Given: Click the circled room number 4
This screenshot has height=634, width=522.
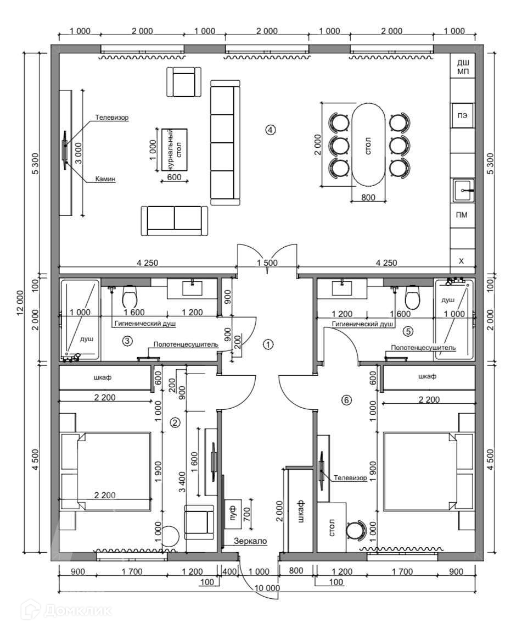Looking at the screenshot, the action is tap(270, 130).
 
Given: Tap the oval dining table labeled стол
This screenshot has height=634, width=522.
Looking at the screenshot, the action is tap(368, 144).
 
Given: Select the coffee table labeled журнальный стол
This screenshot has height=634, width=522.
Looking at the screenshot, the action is tap(175, 150).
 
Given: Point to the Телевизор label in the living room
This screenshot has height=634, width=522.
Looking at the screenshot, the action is tap(112, 118).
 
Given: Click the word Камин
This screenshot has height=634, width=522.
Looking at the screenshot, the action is tap(105, 179).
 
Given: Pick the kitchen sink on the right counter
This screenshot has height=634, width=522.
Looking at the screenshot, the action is tap(463, 190).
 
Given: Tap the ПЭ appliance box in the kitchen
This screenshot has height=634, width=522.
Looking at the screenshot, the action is tap(463, 115).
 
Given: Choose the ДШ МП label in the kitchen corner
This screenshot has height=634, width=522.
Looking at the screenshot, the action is tap(463, 66).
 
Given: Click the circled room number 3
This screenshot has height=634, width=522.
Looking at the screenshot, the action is tap(127, 341).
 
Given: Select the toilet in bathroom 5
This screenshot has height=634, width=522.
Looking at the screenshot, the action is tap(413, 296).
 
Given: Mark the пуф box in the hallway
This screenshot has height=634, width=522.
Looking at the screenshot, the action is tap(233, 513).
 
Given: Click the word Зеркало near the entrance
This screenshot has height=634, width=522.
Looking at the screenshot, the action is tap(250, 541).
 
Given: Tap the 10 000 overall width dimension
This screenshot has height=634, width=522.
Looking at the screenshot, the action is tap(267, 588).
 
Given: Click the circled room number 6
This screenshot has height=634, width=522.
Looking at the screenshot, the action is tap(346, 401).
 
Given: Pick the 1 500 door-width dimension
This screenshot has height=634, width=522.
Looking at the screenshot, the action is tap(267, 263).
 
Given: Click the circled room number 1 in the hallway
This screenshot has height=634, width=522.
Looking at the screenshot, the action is tap(268, 344).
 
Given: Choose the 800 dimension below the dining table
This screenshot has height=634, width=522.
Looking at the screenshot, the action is tap(368, 198).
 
